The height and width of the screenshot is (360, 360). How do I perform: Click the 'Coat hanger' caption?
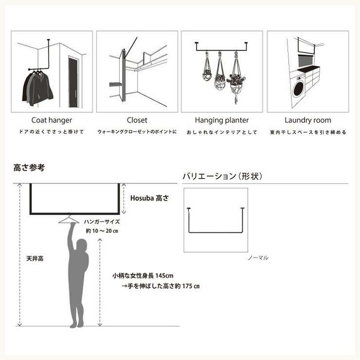[52, 120]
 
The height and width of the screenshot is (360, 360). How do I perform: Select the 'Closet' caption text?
[137, 120]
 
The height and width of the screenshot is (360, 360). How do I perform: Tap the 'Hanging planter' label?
[222, 120]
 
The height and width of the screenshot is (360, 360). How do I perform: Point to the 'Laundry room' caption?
[308, 120]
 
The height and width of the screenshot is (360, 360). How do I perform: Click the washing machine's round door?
[298, 89]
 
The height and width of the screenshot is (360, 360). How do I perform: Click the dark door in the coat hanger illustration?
[73, 83]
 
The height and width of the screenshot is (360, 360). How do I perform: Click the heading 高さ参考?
[29, 168]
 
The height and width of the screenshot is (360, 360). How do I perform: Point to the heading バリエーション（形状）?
[222, 176]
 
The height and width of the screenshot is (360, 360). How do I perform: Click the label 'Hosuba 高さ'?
[149, 198]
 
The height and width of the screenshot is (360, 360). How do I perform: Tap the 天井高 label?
[35, 258]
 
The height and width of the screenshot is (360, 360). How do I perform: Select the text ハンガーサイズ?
[102, 222]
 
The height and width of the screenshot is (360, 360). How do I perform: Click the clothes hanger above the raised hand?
[69, 219]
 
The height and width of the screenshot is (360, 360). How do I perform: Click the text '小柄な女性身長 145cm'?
[143, 275]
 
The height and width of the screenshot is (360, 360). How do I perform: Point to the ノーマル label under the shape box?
[258, 258]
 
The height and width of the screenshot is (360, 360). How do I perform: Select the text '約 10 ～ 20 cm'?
[102, 231]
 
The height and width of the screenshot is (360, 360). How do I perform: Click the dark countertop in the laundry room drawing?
[308, 69]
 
